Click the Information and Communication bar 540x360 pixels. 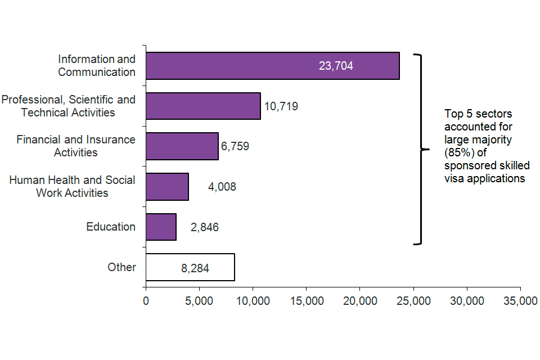(272, 66)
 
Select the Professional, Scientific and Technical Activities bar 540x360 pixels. (203, 106)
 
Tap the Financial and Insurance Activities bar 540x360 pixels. (182, 146)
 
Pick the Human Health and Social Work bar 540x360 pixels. (167, 187)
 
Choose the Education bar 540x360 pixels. (161, 227)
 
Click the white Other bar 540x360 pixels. (190, 267)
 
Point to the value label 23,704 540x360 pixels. (336, 66)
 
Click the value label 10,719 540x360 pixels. (281, 106)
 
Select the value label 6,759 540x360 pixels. (235, 147)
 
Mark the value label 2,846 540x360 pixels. (204, 228)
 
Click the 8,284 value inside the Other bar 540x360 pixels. (195, 269)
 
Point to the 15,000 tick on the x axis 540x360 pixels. (307, 301)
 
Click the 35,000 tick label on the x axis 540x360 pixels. (520, 301)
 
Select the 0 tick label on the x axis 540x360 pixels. (146, 301)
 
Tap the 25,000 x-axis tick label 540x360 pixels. (413, 301)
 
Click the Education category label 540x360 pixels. (111, 227)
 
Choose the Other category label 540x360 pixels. (121, 267)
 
